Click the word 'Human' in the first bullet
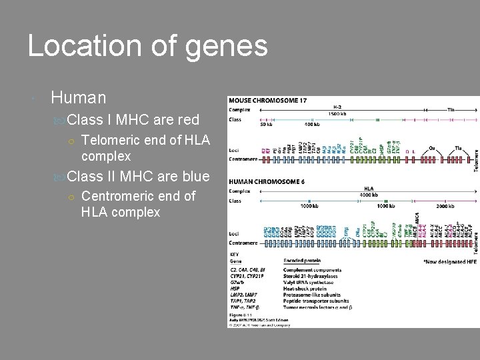(78, 98)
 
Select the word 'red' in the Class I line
(185, 120)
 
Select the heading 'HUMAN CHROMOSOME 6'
(266, 181)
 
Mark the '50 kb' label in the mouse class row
(267, 125)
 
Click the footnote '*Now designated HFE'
(450, 262)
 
